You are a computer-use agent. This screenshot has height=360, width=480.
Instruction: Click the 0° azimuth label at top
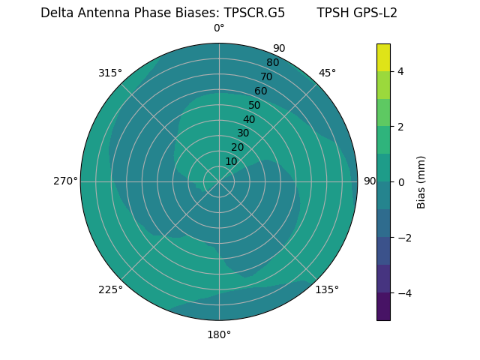pyautogui.click(x=219, y=28)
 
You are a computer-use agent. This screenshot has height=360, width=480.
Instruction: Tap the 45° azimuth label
pyautogui.click(x=327, y=73)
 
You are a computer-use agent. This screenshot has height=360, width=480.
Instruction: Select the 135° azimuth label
pyautogui.click(x=327, y=289)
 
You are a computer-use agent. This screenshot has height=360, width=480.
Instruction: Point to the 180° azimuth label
pyautogui.click(x=219, y=334)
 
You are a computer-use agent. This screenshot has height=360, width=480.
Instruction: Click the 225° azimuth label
pyautogui.click(x=110, y=289)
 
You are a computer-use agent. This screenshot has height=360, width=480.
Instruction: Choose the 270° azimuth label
pyautogui.click(x=65, y=181)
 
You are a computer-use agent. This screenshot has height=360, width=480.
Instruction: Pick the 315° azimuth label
pyautogui.click(x=110, y=73)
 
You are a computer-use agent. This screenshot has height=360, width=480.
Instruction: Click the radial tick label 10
pyautogui.click(x=231, y=161)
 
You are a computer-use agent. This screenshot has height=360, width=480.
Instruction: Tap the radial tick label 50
pyautogui.click(x=254, y=106)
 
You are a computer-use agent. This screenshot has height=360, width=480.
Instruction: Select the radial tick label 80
pyautogui.click(x=272, y=62)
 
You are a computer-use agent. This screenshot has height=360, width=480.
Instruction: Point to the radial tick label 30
pyautogui.click(x=243, y=133)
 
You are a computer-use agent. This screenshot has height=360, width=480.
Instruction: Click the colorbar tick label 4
pyautogui.click(x=401, y=71)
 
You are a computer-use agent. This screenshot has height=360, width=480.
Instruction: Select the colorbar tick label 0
pyautogui.click(x=401, y=181)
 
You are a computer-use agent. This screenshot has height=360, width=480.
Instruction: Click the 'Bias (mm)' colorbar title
pyautogui.click(x=421, y=181)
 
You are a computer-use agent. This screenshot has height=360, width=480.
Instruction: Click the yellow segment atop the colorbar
pyautogui.click(x=384, y=57)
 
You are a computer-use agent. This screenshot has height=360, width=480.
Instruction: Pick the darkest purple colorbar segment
pyautogui.click(x=384, y=306)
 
